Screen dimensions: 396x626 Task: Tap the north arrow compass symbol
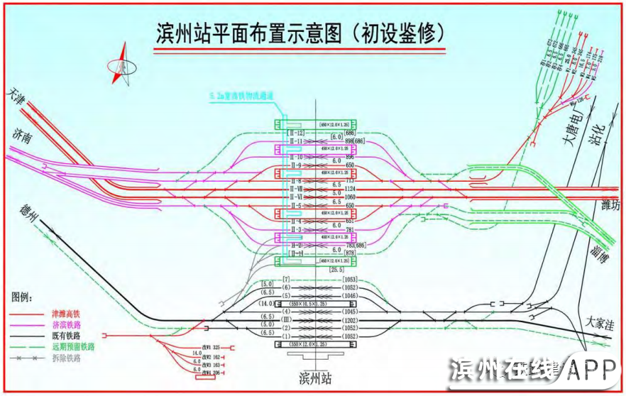pyautogui.click(x=123, y=65)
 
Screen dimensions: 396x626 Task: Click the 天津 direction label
pyautogui.click(x=19, y=96)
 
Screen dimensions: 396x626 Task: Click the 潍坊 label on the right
pyautogui.click(x=605, y=205)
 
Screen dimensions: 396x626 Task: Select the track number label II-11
pyautogui.click(x=295, y=141)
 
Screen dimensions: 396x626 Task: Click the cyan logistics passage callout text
pyautogui.click(x=241, y=95)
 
